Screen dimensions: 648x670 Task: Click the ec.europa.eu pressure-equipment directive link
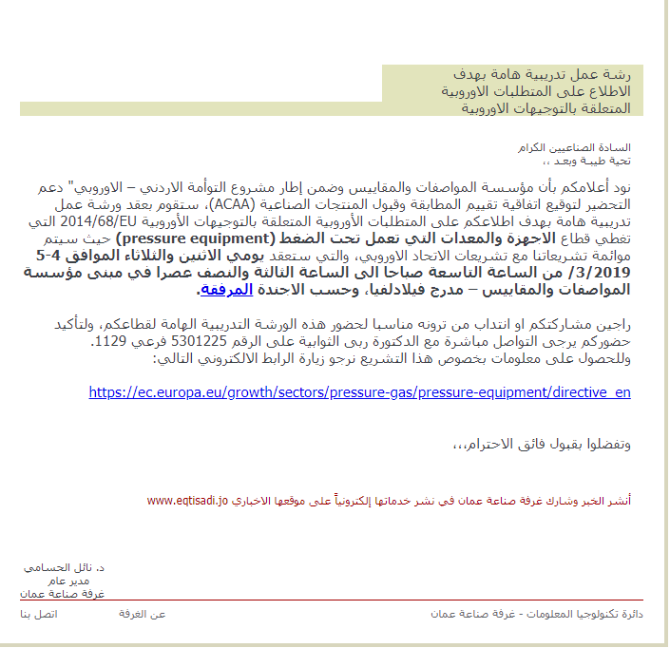tap(359, 391)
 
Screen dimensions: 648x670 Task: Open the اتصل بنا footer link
tap(39, 615)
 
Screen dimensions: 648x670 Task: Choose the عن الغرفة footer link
tap(143, 615)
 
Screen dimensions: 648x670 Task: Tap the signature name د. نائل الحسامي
tap(64, 567)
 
